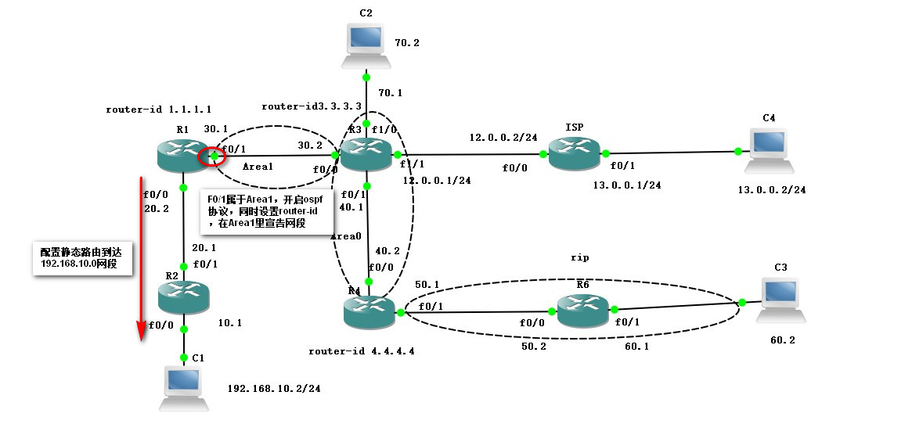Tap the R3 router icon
click(x=366, y=154)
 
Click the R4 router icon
click(x=369, y=311)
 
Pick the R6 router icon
click(x=583, y=311)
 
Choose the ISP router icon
click(x=575, y=153)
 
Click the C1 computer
click(x=184, y=388)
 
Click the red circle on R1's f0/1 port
click(x=213, y=156)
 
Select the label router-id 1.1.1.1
click(x=158, y=110)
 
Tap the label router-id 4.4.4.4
click(x=361, y=351)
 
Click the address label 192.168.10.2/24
click(x=274, y=388)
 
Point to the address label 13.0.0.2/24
click(x=772, y=189)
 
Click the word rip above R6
click(x=579, y=257)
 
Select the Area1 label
click(x=258, y=167)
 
